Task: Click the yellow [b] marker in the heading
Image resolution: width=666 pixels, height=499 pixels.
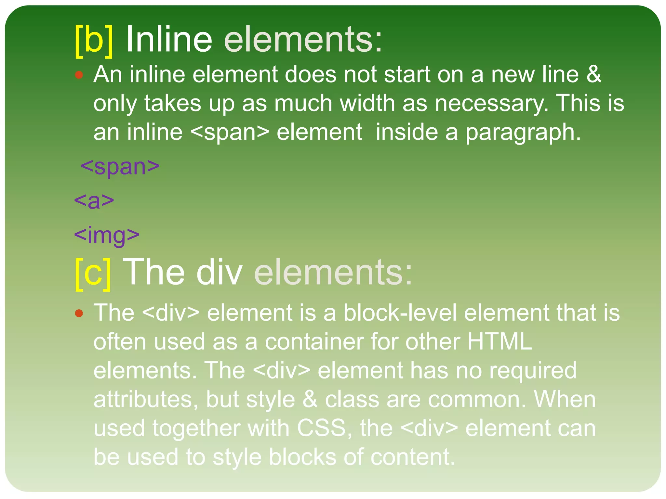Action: click(94, 41)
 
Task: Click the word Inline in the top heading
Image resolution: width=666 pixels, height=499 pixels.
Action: click(169, 40)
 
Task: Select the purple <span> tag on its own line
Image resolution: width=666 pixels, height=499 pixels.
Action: click(120, 166)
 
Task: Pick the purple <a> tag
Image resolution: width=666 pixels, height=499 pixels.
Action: click(94, 201)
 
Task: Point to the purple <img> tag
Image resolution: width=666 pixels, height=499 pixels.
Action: click(107, 235)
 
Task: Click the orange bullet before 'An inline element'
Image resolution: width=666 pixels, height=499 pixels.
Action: click(79, 75)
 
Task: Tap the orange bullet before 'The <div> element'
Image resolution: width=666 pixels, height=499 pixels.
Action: click(79, 313)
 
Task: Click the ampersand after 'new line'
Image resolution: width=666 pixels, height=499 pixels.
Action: click(594, 74)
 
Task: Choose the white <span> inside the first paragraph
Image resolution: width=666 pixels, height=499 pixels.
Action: click(230, 133)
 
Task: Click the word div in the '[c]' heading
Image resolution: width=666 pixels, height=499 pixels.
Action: click(219, 272)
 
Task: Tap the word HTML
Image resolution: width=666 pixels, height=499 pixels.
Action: click(500, 341)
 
